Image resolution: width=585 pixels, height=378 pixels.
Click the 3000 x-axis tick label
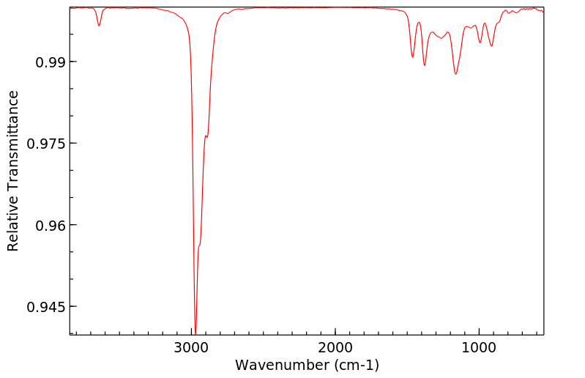tap(192, 347)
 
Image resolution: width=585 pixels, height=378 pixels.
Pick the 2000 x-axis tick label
tap(335, 347)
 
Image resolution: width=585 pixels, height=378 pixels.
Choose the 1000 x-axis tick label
tap(479, 347)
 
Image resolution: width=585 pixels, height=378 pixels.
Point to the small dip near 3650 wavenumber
tap(99, 26)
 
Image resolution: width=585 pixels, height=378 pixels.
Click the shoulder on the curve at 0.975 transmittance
tap(206, 136)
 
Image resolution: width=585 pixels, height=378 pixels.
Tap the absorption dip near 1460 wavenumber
tap(413, 56)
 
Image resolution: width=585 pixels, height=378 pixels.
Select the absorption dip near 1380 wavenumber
tap(425, 65)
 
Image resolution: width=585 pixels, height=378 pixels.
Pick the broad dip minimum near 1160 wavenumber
tap(455, 74)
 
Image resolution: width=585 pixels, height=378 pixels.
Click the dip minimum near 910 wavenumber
tap(491, 46)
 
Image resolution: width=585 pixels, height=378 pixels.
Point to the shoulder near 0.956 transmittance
tap(199, 245)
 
